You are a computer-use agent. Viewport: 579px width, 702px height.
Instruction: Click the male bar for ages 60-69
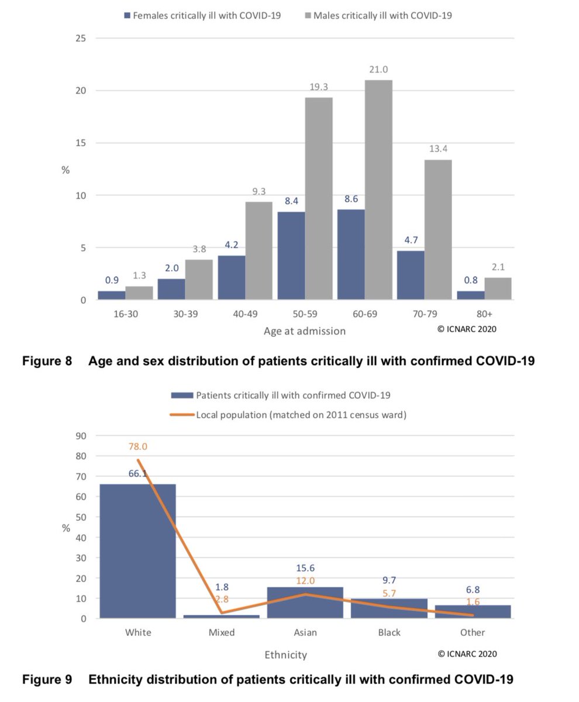pyautogui.click(x=378, y=190)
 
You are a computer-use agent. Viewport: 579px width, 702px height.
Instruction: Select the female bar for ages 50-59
pyautogui.click(x=291, y=256)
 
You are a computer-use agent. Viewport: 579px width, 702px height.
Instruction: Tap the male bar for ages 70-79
pyautogui.click(x=438, y=230)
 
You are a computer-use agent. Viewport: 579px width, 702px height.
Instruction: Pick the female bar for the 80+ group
pyautogui.click(x=470, y=295)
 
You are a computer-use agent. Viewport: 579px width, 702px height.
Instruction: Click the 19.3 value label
pyautogui.click(x=319, y=87)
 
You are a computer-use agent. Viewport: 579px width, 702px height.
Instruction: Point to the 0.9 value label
pyautogui.click(x=111, y=280)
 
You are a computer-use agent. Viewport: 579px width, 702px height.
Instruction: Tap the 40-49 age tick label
pyautogui.click(x=244, y=314)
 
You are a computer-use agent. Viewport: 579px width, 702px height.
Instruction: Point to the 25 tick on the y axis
pyautogui.click(x=80, y=39)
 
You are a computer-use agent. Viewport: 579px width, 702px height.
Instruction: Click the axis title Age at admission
pyautogui.click(x=304, y=331)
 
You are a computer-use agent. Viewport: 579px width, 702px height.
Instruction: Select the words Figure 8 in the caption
pyautogui.click(x=47, y=362)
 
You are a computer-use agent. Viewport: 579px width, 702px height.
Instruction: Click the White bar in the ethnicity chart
pyautogui.click(x=138, y=550)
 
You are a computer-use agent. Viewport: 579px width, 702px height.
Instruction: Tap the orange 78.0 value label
pyautogui.click(x=138, y=446)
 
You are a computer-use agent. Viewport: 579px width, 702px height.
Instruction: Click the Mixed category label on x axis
pyautogui.click(x=221, y=632)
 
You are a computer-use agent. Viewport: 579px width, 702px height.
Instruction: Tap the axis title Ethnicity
pyautogui.click(x=285, y=655)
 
